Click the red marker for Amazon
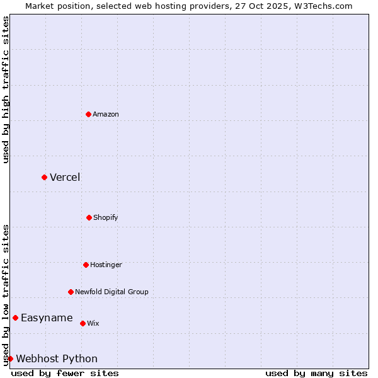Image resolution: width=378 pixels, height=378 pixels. click(x=88, y=114)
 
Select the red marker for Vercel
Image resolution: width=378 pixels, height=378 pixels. click(x=44, y=177)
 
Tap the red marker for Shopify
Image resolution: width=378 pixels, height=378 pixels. click(x=89, y=217)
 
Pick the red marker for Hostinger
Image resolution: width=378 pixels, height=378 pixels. click(x=86, y=265)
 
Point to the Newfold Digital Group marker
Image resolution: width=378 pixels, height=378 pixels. click(x=71, y=292)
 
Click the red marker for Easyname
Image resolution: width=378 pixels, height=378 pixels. click(x=15, y=318)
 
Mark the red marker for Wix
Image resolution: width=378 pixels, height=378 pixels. click(x=83, y=323)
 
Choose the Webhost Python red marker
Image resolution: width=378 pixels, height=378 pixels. click(x=10, y=358)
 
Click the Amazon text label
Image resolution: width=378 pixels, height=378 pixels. click(x=106, y=114)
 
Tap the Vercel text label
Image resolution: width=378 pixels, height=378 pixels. click(x=65, y=177)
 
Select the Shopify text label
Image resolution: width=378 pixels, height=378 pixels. click(x=106, y=217)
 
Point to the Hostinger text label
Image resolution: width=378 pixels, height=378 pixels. click(x=106, y=265)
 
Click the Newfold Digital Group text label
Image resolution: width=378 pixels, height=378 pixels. click(x=112, y=292)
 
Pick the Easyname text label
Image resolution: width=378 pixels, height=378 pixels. click(x=47, y=318)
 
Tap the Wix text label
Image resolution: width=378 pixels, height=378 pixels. click(x=93, y=323)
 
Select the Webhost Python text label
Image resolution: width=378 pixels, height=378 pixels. click(x=57, y=358)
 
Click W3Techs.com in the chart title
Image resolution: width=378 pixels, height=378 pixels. click(x=321, y=6)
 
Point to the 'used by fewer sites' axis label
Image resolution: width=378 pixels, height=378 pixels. click(x=65, y=373)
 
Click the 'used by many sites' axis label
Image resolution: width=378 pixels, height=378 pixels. click(x=316, y=373)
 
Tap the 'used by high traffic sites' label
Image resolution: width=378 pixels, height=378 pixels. click(x=6, y=89)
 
